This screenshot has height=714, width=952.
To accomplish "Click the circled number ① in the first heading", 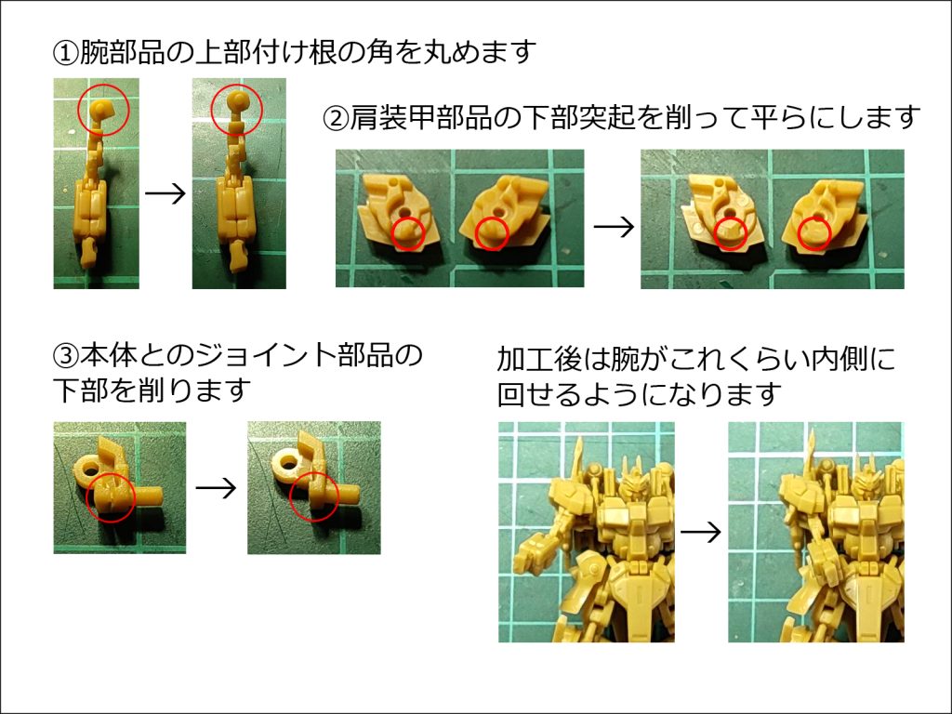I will (x=65, y=53).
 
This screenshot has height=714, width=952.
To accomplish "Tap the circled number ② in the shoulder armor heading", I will (x=336, y=118).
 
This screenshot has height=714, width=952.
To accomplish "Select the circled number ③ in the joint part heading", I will (x=65, y=356).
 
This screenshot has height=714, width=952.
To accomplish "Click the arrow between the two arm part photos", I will (x=165, y=194).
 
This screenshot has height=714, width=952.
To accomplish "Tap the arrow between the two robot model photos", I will (x=701, y=532).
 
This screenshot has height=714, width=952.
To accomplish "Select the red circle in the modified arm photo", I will (x=237, y=109).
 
